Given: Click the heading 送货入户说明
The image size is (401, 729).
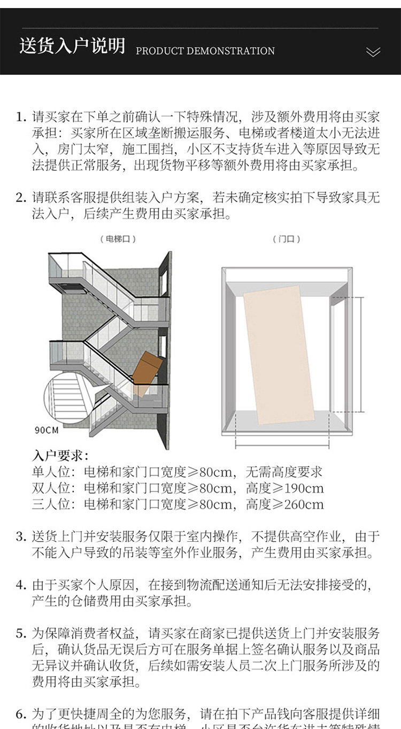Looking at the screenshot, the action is point(72,46).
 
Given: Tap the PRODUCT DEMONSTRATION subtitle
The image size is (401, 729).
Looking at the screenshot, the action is point(205,51).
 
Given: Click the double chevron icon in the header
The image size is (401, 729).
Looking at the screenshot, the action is point(373,52).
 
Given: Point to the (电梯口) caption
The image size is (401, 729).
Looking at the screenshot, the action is point(118,239).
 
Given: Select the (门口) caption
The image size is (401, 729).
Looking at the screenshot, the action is point(287,239).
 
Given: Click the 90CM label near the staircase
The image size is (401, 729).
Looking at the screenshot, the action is point(47,429).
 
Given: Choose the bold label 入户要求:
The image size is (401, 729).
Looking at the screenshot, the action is point(60,456).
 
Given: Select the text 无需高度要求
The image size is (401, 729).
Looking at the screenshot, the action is point(284,472).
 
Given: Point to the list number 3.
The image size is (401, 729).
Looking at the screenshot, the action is point(20,536).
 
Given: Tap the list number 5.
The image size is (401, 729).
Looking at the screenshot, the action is point(20,634).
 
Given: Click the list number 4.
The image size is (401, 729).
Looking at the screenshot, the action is point(20,586).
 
